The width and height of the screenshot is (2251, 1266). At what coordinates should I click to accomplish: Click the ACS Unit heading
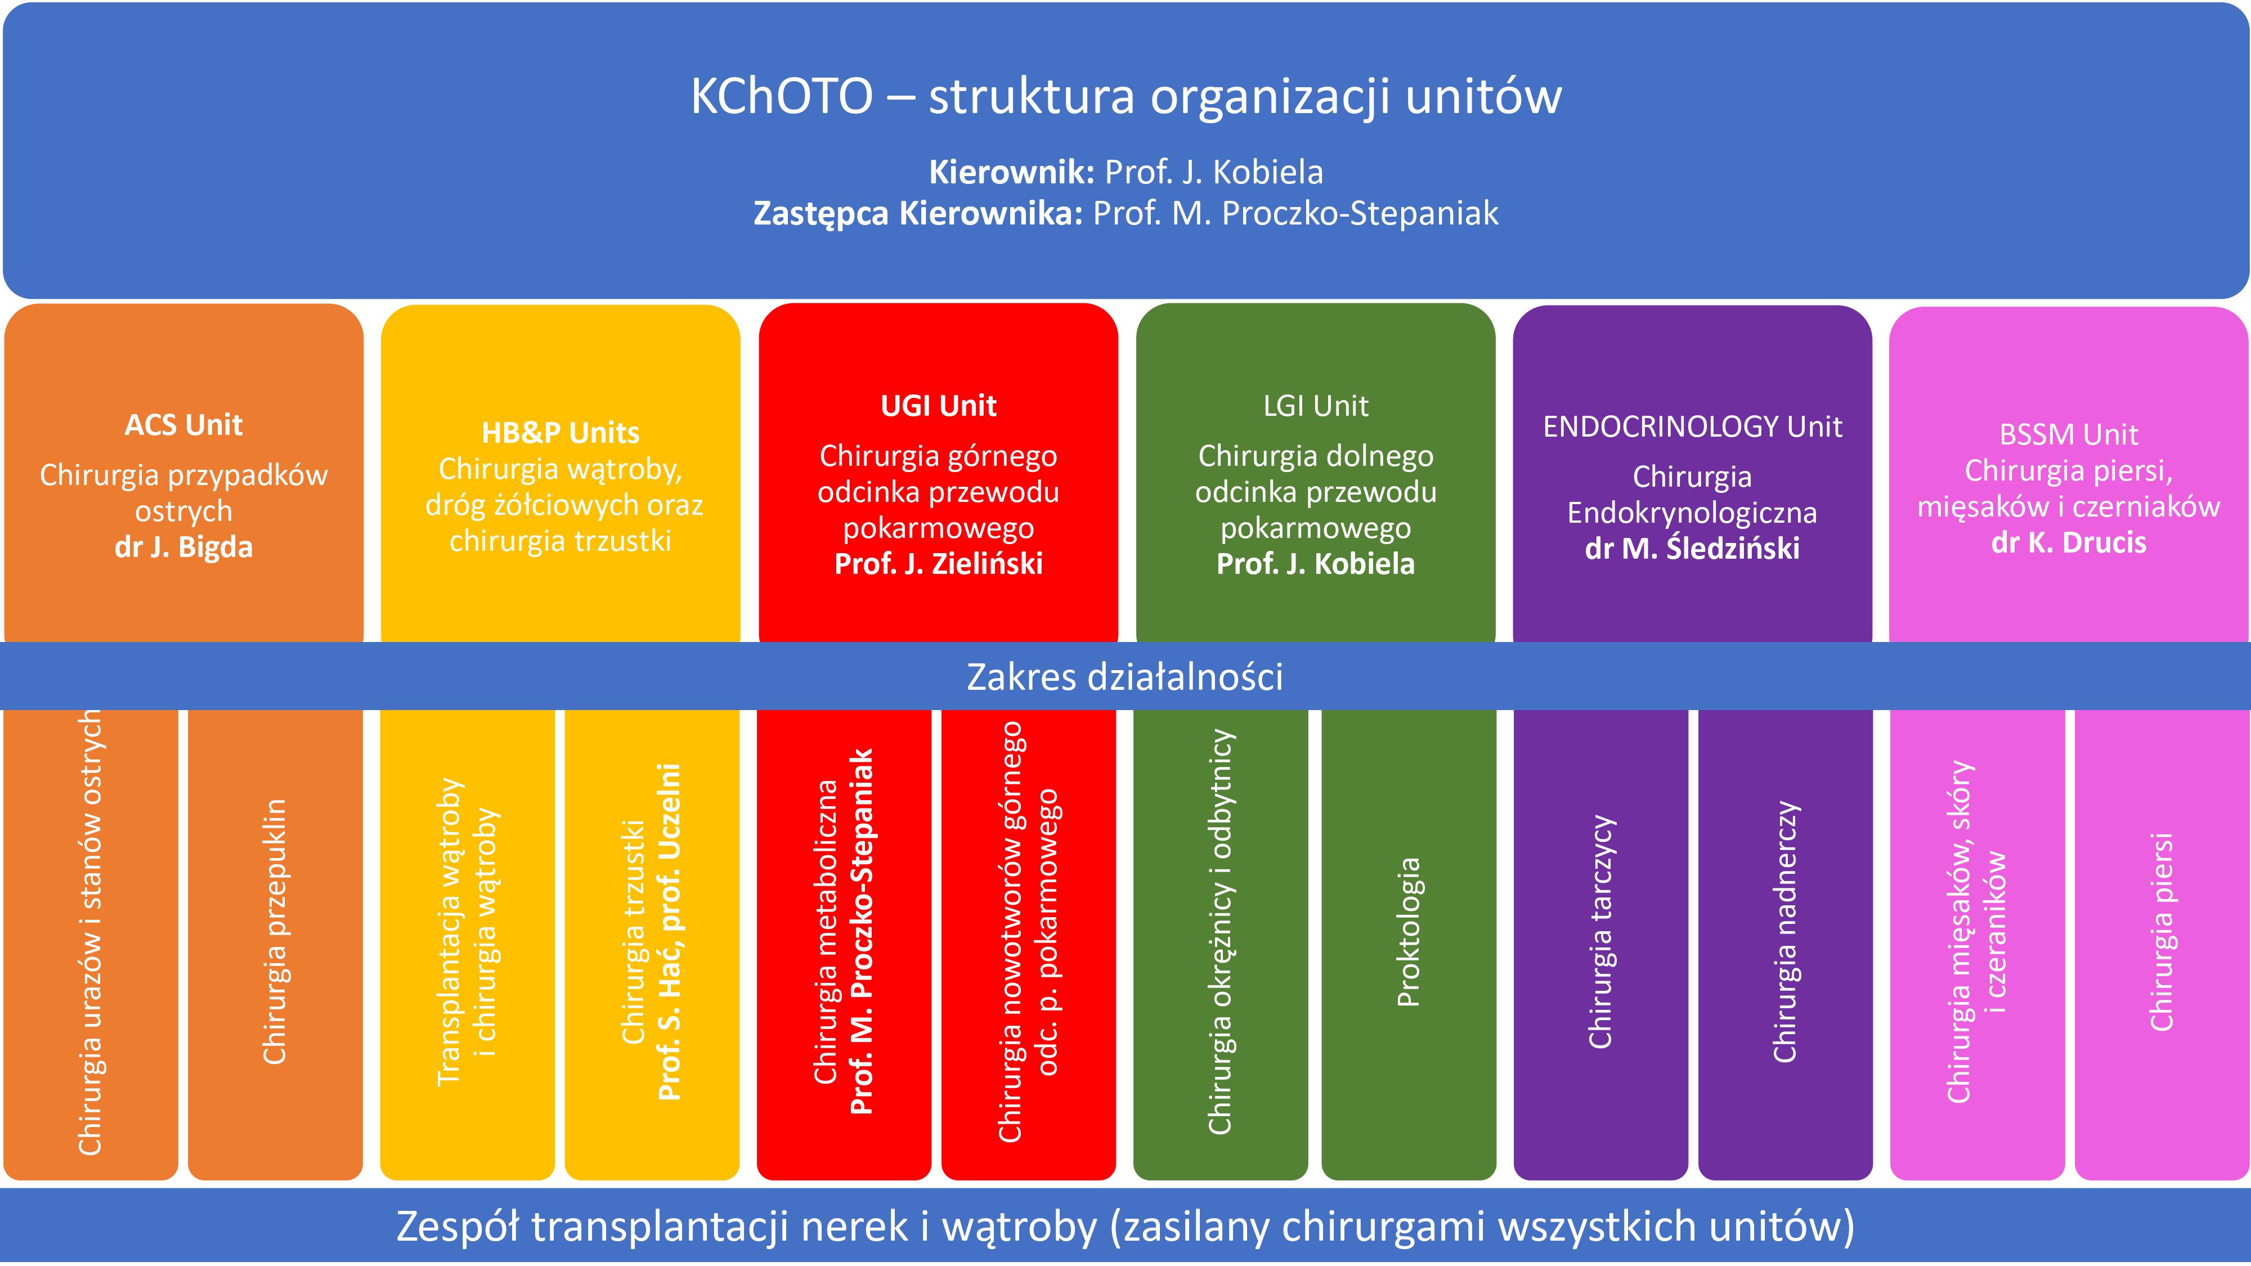pos(183,425)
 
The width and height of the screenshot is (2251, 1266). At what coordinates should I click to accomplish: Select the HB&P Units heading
pos(560,433)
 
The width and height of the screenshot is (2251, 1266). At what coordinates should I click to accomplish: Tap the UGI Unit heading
pos(939,405)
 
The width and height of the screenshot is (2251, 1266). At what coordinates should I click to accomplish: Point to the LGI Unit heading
pos(1316,405)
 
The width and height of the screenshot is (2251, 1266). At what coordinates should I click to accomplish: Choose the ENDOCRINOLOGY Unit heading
pos(1693,427)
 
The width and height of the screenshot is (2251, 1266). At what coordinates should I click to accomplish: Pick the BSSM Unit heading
pos(2068,434)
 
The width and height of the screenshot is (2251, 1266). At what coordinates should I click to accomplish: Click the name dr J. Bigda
pos(183,547)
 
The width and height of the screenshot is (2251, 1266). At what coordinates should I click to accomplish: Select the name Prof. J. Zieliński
pos(939,564)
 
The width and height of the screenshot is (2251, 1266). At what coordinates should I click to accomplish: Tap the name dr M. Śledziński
pos(1693,548)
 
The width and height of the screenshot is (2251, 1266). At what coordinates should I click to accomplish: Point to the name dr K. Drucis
pos(2068,542)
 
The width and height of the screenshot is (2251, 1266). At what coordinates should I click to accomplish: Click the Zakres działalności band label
pos(1124,677)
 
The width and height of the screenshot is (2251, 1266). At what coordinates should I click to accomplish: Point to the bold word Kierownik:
pos(1012,172)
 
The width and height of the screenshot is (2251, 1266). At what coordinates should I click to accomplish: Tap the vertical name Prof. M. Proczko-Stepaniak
pos(862,931)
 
